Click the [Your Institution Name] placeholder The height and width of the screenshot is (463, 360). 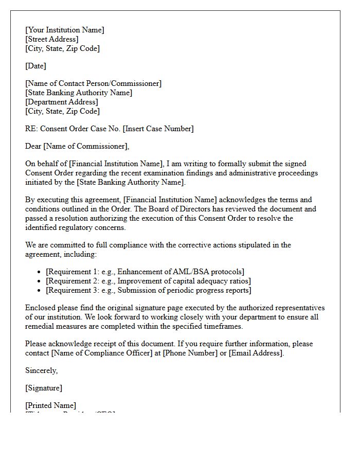click(65, 30)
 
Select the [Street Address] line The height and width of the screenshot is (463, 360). click(52, 40)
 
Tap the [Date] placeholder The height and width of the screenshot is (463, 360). click(35, 66)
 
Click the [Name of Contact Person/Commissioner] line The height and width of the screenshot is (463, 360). click(93, 84)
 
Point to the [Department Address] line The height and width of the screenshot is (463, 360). click(62, 102)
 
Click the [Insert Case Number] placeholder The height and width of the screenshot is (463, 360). click(158, 129)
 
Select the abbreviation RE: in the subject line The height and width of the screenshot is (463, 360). click(31, 129)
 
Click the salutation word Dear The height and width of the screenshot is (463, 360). click(33, 147)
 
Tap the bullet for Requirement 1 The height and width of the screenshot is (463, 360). click(40, 272)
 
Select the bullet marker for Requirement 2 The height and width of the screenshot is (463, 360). click(40, 281)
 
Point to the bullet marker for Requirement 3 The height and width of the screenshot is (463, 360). click(40, 291)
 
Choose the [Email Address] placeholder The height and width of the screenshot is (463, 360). click(256, 353)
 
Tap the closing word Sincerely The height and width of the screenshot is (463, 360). click(41, 371)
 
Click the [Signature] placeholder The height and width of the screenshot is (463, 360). click(44, 388)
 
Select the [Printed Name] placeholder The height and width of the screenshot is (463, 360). click(50, 406)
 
